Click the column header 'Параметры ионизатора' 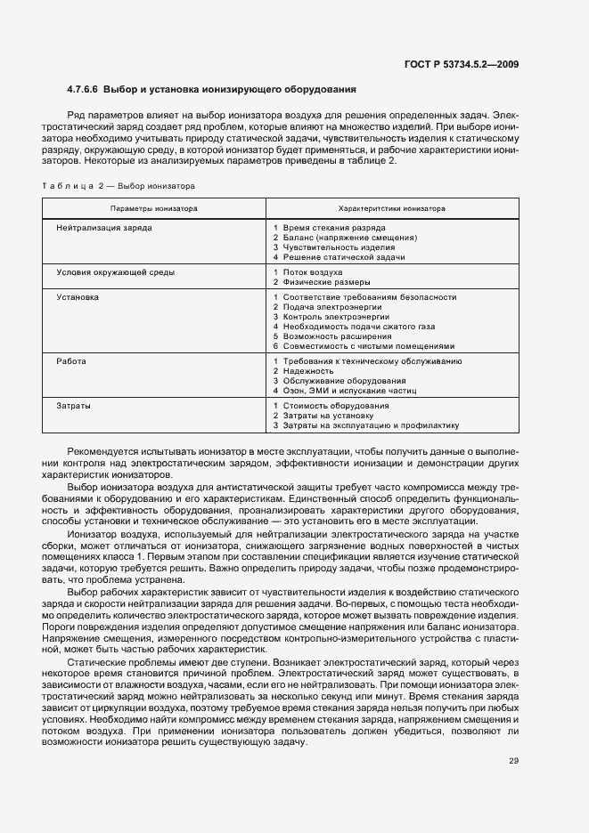(x=153, y=207)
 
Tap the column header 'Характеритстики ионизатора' (x=392, y=207)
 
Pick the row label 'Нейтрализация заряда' (x=103, y=229)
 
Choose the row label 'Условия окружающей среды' (x=115, y=271)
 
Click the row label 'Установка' (x=78, y=297)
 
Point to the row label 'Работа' (x=72, y=361)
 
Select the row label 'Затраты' (x=74, y=405)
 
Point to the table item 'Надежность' (x=307, y=371)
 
